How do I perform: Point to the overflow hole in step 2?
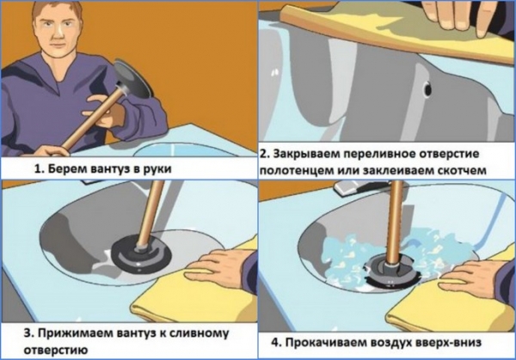(x=428, y=87)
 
